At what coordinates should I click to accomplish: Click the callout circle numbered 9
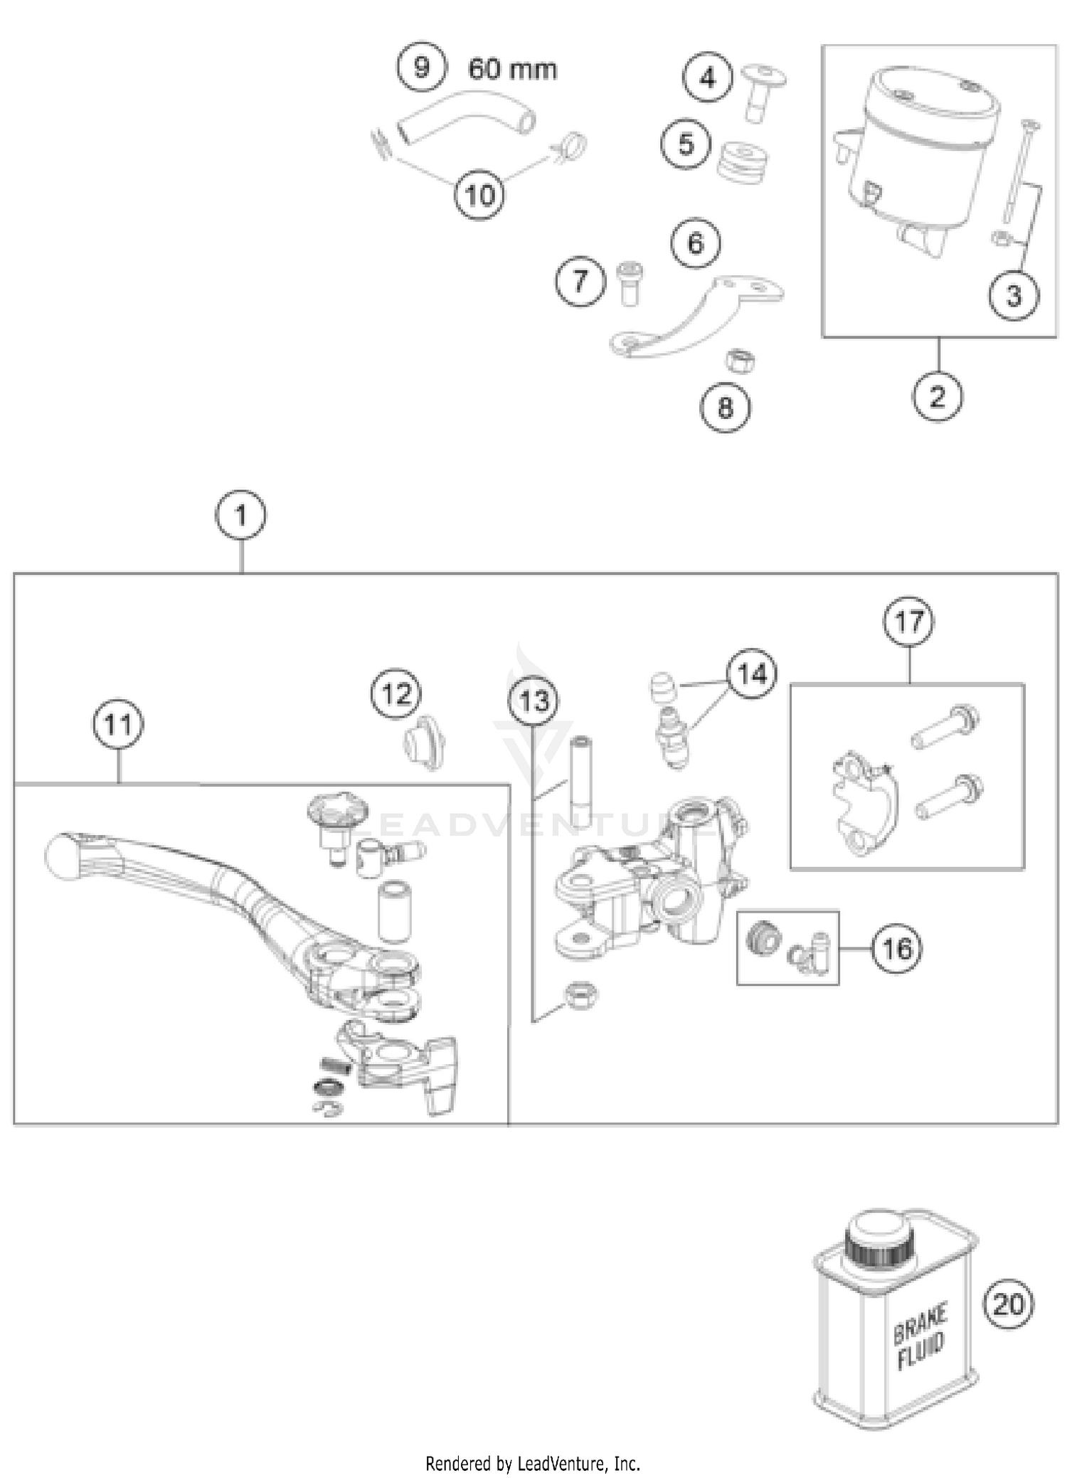tap(422, 68)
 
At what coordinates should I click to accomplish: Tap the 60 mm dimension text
tap(512, 70)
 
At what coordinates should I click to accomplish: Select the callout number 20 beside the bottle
tap(1008, 1304)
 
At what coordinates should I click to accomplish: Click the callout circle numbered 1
tap(240, 516)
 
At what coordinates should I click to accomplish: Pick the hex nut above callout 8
tap(740, 361)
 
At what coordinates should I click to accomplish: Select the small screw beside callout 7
tap(627, 282)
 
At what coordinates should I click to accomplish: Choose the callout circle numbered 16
tap(897, 948)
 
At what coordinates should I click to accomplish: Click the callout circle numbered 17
tap(909, 622)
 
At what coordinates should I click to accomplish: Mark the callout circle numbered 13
tap(533, 701)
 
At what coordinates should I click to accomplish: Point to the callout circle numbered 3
tap(1014, 295)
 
